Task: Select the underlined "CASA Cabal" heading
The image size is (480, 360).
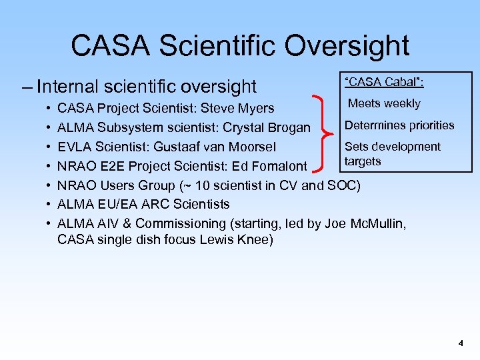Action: [385, 82]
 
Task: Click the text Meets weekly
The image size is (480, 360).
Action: [384, 103]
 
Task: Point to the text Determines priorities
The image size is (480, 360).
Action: [399, 125]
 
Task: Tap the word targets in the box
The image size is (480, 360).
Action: [363, 161]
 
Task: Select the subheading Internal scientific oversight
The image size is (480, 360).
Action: [147, 86]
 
